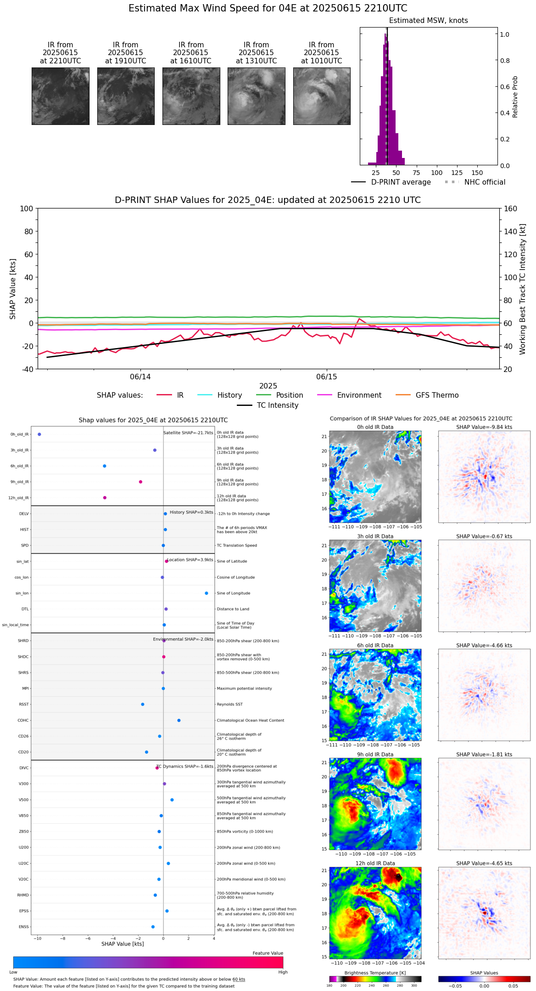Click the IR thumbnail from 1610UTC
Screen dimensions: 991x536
point(191,96)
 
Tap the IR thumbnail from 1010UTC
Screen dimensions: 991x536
point(322,96)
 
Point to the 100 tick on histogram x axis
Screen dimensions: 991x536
point(436,173)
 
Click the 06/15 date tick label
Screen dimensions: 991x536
point(326,377)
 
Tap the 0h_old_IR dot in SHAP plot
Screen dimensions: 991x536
point(39,434)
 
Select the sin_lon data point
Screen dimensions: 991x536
point(207,593)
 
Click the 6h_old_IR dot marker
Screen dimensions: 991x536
point(105,466)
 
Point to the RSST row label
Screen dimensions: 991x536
point(24,704)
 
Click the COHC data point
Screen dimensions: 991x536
point(179,721)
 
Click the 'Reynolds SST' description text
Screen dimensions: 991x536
point(229,704)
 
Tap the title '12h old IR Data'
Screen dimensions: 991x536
point(375,863)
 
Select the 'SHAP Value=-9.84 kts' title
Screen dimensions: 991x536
point(484,427)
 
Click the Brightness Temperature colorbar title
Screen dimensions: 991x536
point(375,973)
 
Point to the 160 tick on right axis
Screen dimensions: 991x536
point(511,208)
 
